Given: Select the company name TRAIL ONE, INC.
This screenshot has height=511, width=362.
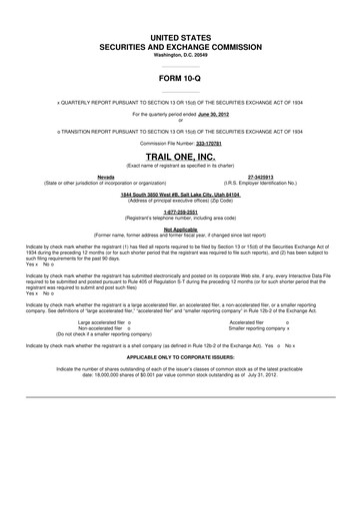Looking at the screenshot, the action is click(x=181, y=157).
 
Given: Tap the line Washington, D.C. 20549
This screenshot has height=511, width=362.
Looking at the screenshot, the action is click(x=181, y=54).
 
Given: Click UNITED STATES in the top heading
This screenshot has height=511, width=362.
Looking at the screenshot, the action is click(x=181, y=35).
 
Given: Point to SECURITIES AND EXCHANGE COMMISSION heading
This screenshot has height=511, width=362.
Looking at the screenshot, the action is click(x=181, y=45).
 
